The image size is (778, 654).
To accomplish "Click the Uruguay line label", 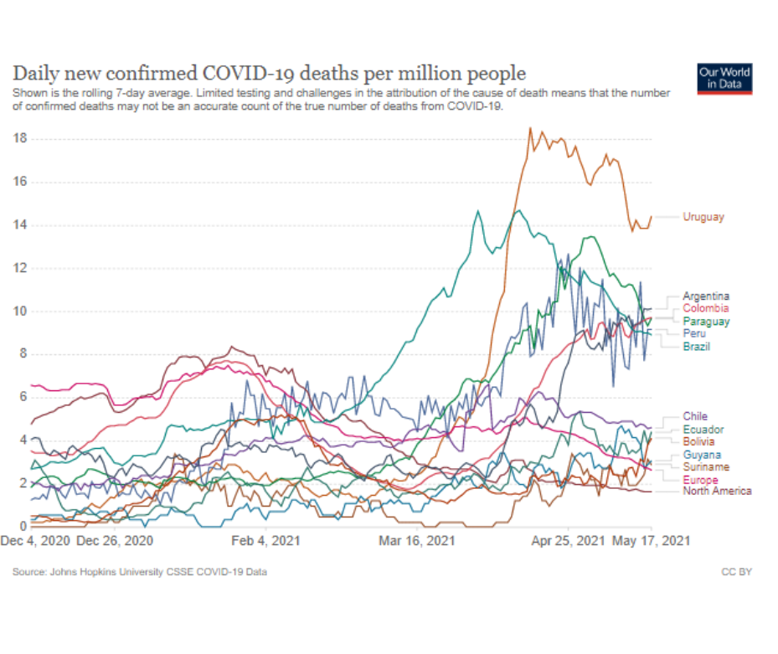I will pos(703,217).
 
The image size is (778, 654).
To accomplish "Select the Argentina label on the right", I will pos(705,296).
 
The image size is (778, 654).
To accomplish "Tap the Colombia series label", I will pos(705,309).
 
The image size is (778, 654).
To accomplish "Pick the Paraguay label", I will pos(705,322).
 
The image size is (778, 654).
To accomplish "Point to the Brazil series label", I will pos(696,347).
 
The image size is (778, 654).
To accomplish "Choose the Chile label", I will pos(694,416).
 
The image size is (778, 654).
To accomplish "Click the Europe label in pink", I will pos(699,480).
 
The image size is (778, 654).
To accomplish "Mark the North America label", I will pos(716,492).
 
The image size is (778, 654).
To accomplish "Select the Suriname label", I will pos(705,466).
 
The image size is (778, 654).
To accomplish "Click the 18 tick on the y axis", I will pos(21,138).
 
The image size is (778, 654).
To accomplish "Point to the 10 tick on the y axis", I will pos(21,312).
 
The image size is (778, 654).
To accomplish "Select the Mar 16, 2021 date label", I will pos(417,541).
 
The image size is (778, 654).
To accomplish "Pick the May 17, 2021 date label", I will pos(652,541).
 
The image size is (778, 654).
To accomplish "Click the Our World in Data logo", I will pos(724,78).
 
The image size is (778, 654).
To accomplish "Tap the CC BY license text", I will pos(737,573).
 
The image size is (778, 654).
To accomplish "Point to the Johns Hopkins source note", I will pos(140,573).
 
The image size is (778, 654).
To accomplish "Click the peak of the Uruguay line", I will pos(530,128).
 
